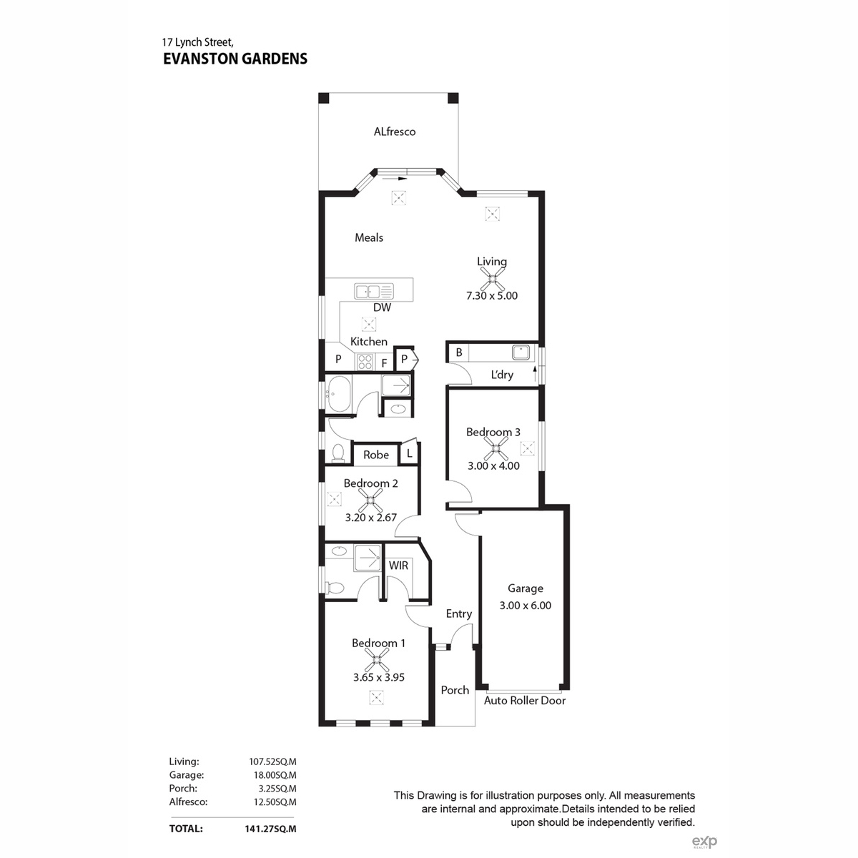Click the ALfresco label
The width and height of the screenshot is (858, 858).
click(395, 132)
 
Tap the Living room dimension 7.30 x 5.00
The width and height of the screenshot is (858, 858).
click(491, 295)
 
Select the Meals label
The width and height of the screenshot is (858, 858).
click(369, 238)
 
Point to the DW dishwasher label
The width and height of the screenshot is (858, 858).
click(382, 307)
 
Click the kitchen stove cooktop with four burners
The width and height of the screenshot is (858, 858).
click(365, 362)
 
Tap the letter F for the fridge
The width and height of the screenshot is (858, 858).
click(384, 364)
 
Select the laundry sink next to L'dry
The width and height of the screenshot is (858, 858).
click(521, 352)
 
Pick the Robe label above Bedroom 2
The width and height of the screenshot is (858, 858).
click(376, 455)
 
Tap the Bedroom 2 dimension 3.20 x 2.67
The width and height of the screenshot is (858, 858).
click(370, 518)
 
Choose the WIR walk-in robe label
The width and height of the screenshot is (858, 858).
click(398, 566)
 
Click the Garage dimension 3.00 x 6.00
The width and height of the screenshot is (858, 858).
click(525, 606)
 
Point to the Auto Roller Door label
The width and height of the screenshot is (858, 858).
click(525, 701)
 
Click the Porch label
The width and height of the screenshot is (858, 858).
click(455, 690)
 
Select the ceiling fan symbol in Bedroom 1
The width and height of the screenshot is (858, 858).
click(377, 660)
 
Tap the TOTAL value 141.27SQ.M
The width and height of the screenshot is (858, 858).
click(270, 829)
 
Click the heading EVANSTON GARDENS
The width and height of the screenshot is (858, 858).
click(235, 59)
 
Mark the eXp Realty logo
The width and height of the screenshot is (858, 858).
click(704, 842)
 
